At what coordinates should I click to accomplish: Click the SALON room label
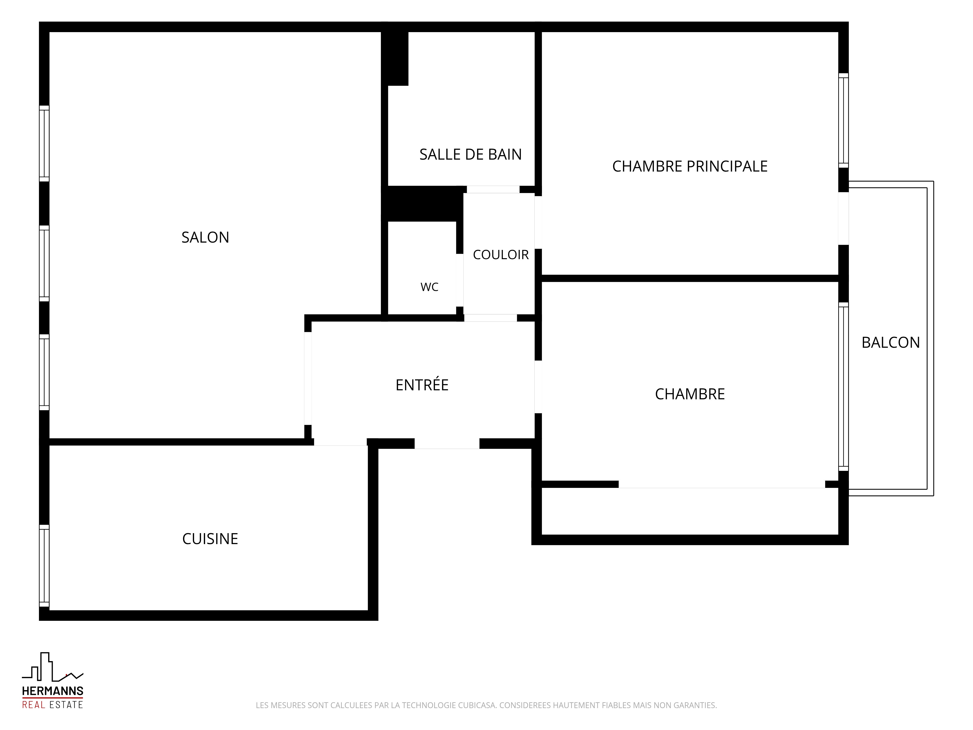(205, 237)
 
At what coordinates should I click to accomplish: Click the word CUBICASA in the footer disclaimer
(477, 705)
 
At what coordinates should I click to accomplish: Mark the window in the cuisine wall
(44, 566)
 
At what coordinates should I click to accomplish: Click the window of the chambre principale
(843, 120)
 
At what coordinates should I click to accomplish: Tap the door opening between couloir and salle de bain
(493, 189)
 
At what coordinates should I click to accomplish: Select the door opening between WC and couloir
(460, 280)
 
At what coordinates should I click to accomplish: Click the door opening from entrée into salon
(308, 378)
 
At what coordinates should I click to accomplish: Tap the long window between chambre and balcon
(843, 386)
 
